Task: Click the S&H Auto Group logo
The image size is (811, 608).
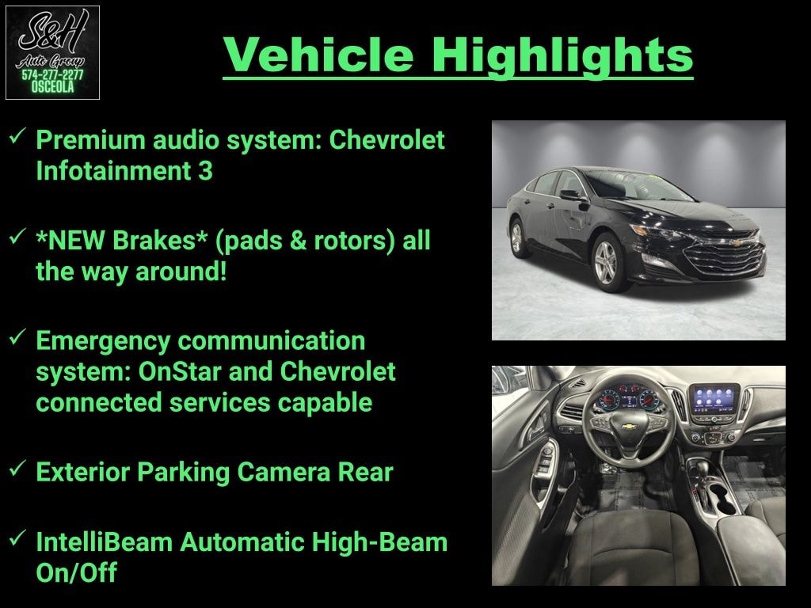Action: pyautogui.click(x=52, y=52)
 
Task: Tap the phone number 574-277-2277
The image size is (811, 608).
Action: pyautogui.click(x=52, y=75)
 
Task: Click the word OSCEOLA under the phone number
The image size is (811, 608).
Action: pyautogui.click(x=52, y=87)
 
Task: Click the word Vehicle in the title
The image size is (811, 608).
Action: pyautogui.click(x=318, y=55)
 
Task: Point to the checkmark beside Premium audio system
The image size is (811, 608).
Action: pyautogui.click(x=18, y=136)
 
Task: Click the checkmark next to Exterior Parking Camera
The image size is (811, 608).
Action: pyautogui.click(x=18, y=469)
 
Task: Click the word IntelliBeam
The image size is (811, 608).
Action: pyautogui.click(x=104, y=541)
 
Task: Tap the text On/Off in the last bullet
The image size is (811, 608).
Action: pyautogui.click(x=77, y=572)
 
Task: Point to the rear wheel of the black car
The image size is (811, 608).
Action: pyautogui.click(x=516, y=238)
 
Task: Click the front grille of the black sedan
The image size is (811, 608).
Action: pyautogui.click(x=724, y=254)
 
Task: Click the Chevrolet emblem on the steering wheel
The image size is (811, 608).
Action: pyautogui.click(x=628, y=427)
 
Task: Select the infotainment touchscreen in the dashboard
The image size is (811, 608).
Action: pyautogui.click(x=714, y=399)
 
